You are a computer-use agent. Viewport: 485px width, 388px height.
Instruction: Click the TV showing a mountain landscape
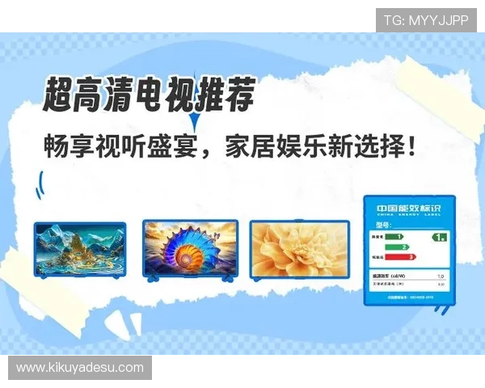click(79, 247)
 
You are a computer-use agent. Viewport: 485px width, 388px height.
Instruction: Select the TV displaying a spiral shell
click(191, 247)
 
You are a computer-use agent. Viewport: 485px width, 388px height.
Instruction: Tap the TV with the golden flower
click(298, 247)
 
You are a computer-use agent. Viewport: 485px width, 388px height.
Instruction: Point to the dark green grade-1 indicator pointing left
click(439, 238)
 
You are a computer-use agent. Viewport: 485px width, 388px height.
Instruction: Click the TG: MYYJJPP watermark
click(426, 19)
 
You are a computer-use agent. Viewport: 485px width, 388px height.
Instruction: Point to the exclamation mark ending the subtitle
click(415, 148)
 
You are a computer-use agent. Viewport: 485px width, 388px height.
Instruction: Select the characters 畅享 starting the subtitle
click(67, 148)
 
